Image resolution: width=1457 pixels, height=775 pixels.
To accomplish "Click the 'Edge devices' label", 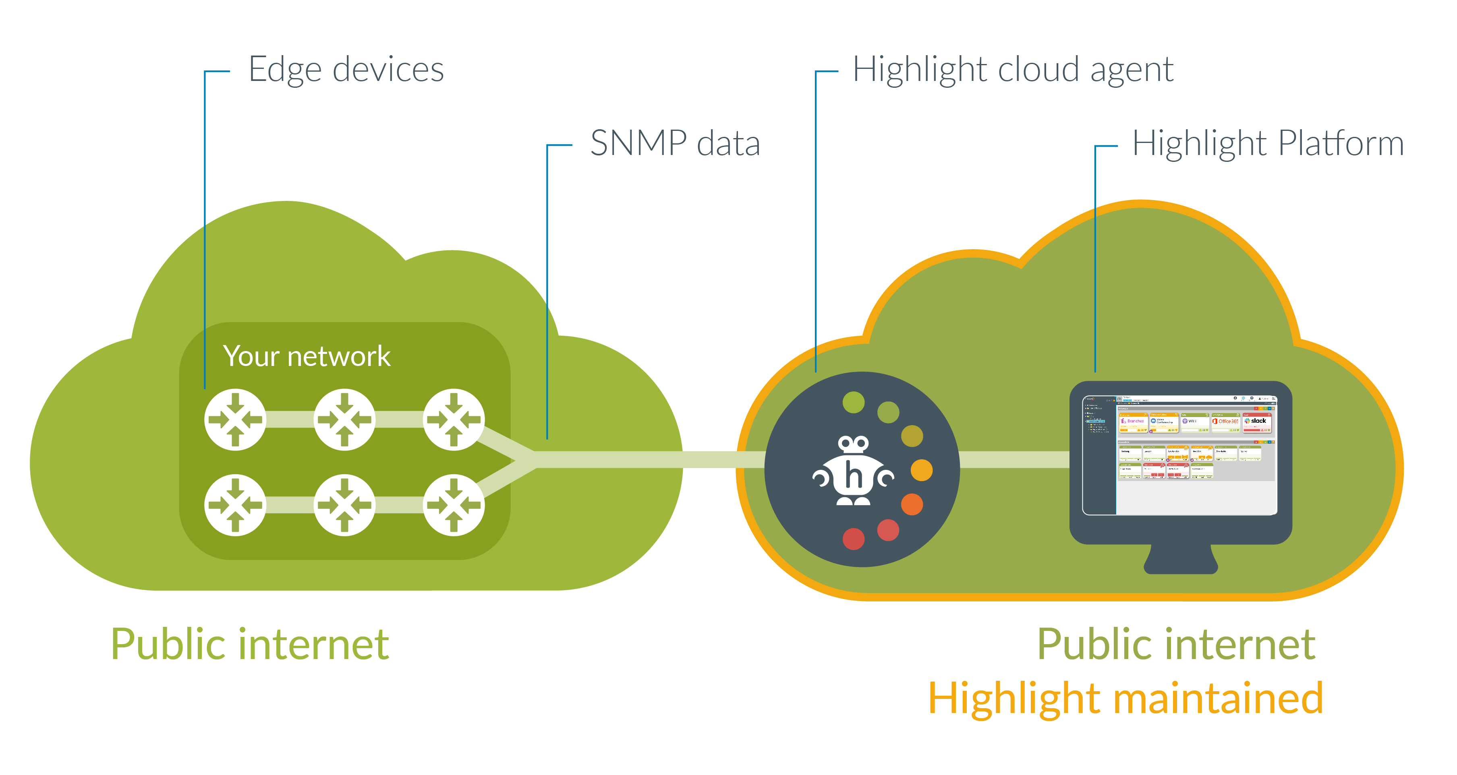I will click(346, 70).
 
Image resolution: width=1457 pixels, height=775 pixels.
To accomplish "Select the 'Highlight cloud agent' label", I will click(1012, 70).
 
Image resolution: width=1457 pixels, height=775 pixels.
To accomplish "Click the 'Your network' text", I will click(307, 356).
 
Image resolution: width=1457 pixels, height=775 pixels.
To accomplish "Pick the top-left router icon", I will click(235, 420).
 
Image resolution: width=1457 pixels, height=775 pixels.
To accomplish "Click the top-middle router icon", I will click(344, 420).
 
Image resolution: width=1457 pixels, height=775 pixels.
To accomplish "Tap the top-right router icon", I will click(454, 420).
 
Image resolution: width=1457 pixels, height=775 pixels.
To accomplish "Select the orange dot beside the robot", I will click(921, 470).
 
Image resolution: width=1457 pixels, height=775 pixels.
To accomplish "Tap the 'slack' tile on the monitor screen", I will click(1257, 421).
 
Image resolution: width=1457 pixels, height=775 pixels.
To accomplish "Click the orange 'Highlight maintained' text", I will click(1125, 699).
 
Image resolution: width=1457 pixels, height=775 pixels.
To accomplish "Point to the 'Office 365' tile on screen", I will click(1225, 421).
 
